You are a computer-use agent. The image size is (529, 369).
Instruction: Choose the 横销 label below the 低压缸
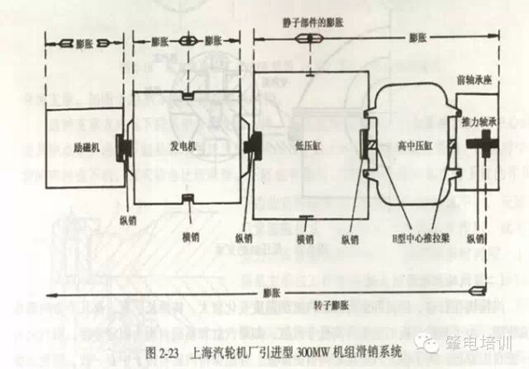307,239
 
